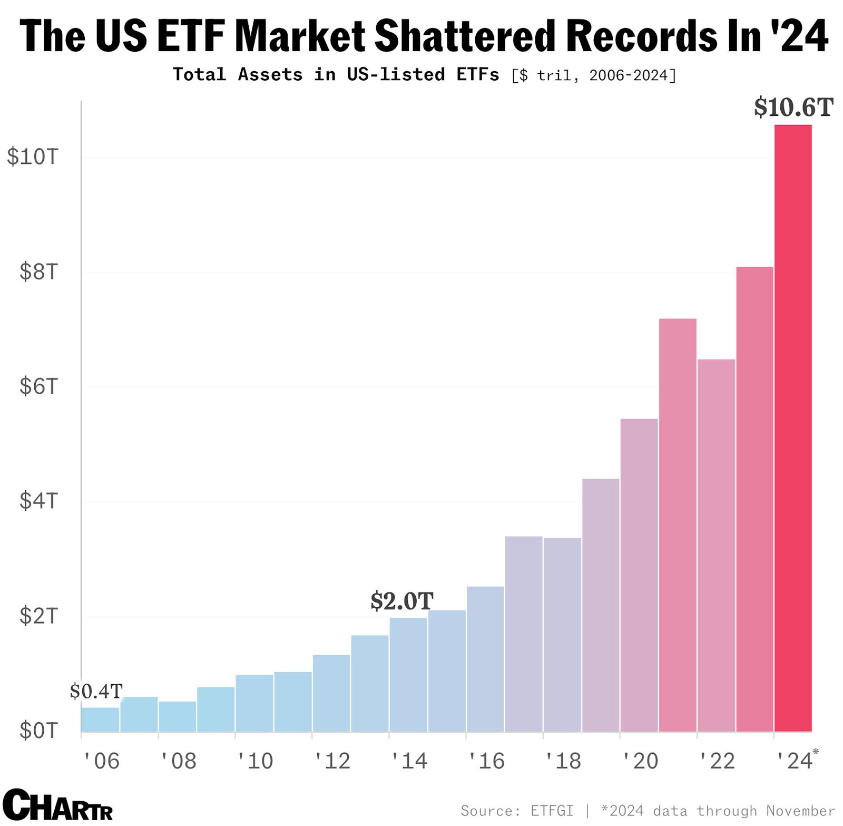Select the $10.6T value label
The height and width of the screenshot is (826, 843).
pyautogui.click(x=793, y=108)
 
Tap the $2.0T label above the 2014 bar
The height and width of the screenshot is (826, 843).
pyautogui.click(x=401, y=601)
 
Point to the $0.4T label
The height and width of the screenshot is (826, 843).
pyautogui.click(x=96, y=691)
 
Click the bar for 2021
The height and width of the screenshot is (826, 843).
pyautogui.click(x=678, y=525)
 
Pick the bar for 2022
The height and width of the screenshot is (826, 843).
pyautogui.click(x=716, y=545)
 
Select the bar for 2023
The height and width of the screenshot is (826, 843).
pyautogui.click(x=754, y=499)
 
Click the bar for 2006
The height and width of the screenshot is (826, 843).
pyautogui.click(x=100, y=720)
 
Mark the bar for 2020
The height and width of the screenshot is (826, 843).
pyautogui.click(x=639, y=575)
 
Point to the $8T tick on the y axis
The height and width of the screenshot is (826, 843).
pyautogui.click(x=38, y=272)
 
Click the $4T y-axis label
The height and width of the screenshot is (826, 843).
pyautogui.click(x=38, y=501)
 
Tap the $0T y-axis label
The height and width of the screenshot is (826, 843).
pyautogui.click(x=38, y=731)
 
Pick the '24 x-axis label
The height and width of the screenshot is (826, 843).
pyautogui.click(x=796, y=761)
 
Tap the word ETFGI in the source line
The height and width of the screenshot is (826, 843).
pyautogui.click(x=552, y=811)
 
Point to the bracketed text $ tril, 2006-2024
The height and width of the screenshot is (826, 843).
pyautogui.click(x=594, y=75)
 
